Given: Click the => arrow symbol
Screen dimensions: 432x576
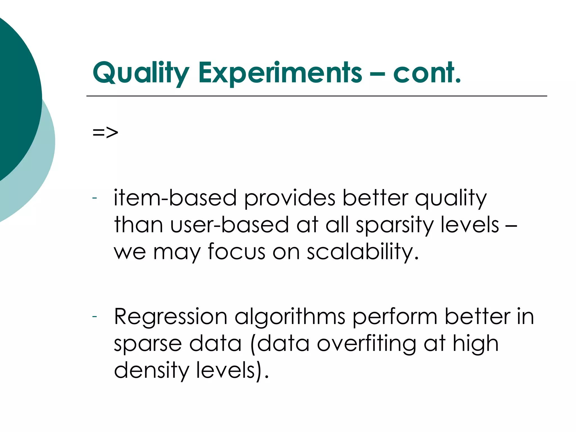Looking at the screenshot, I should coord(105,132).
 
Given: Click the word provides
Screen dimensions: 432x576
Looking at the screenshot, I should coord(290,199).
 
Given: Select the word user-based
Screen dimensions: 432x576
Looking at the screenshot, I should coord(229,225).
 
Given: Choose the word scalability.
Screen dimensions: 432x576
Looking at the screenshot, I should coord(363,252).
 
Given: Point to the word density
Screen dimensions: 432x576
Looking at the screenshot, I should coord(152,371).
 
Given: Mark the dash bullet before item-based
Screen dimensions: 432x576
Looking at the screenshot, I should coord(94,198).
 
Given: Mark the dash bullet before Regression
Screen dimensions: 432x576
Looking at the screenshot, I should coord(94,317).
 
